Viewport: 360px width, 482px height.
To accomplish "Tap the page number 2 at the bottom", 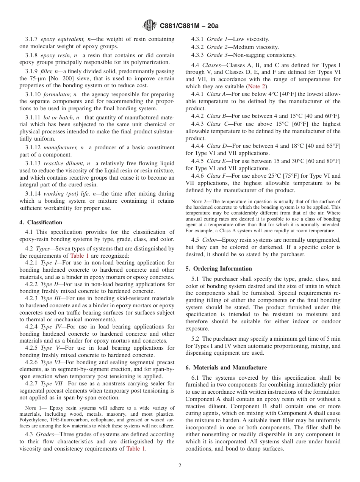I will coord(180,466).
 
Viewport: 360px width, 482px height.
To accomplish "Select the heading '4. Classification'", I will coord(41,222).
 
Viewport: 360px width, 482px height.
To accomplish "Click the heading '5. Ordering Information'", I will coord(219,269).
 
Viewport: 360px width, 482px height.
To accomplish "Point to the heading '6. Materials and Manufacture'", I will coord(226,368).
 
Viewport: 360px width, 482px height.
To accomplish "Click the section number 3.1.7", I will coord(31,39).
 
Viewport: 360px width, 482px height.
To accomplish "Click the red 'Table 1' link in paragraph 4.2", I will coord(80,255).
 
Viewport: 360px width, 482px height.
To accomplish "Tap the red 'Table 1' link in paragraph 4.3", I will coord(136,449).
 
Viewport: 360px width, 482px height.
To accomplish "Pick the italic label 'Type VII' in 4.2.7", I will coord(52,383).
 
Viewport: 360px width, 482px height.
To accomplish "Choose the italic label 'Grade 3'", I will coord(217,55).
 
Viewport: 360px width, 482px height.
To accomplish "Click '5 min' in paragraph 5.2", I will coord(334,339).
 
